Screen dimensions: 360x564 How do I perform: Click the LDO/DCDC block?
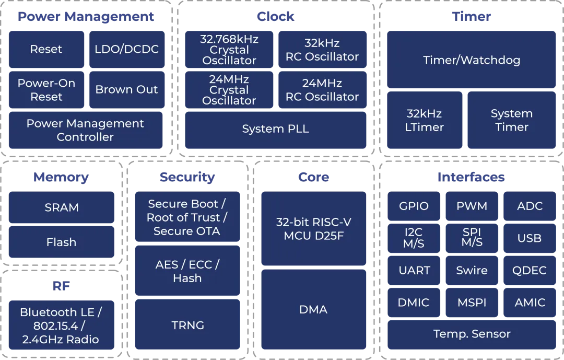(127, 50)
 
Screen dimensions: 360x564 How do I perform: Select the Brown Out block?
(127, 90)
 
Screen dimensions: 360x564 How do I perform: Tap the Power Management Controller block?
(85, 130)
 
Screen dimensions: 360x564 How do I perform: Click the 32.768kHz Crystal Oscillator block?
(229, 50)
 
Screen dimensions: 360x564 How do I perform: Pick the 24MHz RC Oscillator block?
(322, 90)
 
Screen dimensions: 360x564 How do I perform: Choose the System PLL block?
(276, 129)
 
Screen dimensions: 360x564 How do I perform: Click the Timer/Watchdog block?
(471, 60)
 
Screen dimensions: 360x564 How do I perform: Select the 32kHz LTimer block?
(425, 120)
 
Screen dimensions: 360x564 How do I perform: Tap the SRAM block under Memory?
(62, 207)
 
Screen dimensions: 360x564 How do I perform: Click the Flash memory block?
(62, 242)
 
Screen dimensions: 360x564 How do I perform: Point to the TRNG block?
(187, 325)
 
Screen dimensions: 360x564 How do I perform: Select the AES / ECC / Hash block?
(187, 271)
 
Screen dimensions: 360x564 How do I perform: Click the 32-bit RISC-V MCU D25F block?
(313, 229)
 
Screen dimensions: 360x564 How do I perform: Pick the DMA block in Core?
(313, 309)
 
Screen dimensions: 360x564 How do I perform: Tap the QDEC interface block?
(530, 271)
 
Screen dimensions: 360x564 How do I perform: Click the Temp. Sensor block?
(471, 334)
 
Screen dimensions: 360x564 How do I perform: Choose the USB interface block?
(530, 238)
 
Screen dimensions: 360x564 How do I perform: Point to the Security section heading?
(187, 177)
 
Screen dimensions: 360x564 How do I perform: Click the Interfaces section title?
(471, 177)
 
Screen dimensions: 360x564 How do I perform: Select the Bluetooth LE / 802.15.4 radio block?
(61, 326)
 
